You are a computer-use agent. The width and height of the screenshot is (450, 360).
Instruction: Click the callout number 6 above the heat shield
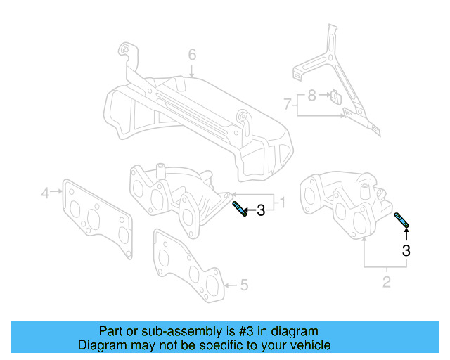coord(191,54)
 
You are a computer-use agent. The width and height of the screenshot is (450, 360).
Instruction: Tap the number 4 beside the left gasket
coord(45,192)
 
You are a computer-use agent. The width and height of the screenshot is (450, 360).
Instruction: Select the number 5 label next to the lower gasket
coord(244,285)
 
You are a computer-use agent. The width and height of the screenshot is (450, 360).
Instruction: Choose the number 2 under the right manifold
coord(386,283)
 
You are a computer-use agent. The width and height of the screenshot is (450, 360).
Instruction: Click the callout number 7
coord(288,104)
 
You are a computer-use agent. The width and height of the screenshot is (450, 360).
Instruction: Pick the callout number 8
coord(311,94)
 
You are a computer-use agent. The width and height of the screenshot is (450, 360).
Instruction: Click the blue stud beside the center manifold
coord(239,209)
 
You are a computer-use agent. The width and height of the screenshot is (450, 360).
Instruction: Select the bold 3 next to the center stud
coord(261,210)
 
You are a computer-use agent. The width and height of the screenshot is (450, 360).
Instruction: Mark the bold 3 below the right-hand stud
coord(406,250)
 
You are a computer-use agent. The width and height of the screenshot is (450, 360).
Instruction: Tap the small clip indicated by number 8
coord(335,96)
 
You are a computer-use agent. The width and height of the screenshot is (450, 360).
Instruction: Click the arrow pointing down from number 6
coord(191,70)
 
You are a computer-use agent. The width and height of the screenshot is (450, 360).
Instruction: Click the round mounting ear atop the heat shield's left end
coord(124,49)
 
